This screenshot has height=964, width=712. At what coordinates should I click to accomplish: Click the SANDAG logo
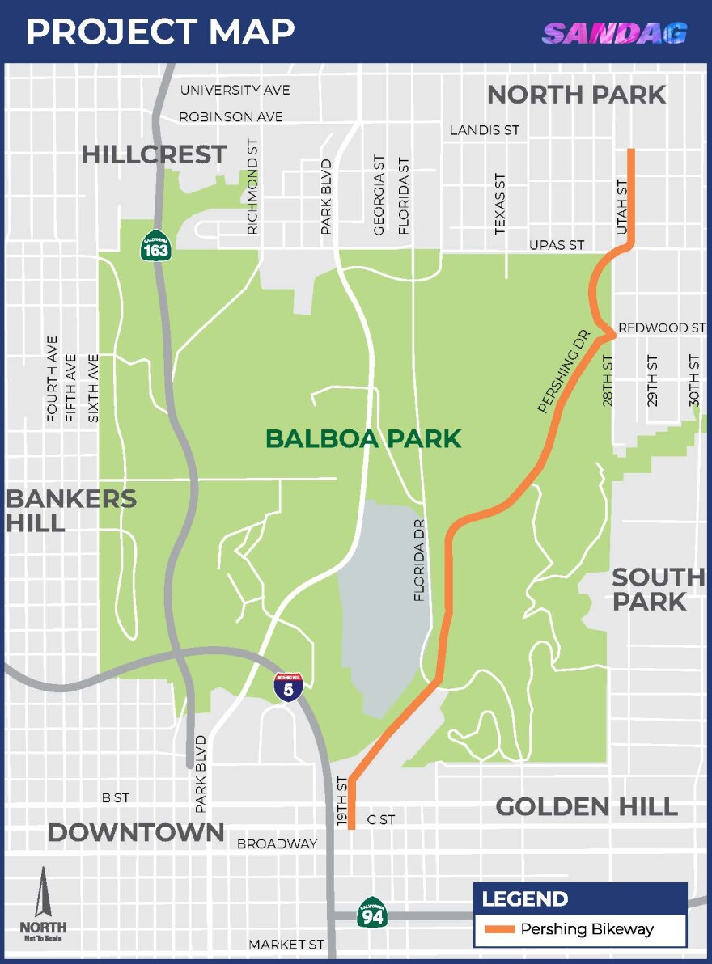(x=615, y=33)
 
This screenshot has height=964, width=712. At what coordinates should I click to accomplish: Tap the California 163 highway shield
(x=155, y=246)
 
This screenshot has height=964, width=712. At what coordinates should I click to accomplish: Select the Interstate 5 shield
(x=289, y=687)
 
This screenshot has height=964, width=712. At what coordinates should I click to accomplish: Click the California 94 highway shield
(x=372, y=912)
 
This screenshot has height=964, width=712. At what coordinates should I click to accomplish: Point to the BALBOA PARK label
(x=363, y=439)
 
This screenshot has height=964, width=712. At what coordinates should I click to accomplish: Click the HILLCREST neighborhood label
(x=154, y=154)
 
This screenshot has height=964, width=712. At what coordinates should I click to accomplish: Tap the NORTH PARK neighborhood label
(x=576, y=95)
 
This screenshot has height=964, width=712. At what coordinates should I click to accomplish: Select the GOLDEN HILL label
(x=587, y=806)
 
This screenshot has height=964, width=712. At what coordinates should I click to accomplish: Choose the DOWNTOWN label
(x=136, y=832)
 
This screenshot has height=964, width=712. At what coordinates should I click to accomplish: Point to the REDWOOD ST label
(x=661, y=328)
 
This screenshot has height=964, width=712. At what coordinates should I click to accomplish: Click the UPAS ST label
(x=557, y=244)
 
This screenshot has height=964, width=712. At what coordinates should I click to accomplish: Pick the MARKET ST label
(x=286, y=945)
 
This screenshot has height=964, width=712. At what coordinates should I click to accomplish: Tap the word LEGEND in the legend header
(x=524, y=898)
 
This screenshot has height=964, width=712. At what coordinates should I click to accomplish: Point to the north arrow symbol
(x=43, y=894)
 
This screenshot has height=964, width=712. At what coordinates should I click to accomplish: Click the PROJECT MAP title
(x=160, y=32)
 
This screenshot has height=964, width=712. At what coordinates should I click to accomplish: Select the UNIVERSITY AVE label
(x=235, y=90)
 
